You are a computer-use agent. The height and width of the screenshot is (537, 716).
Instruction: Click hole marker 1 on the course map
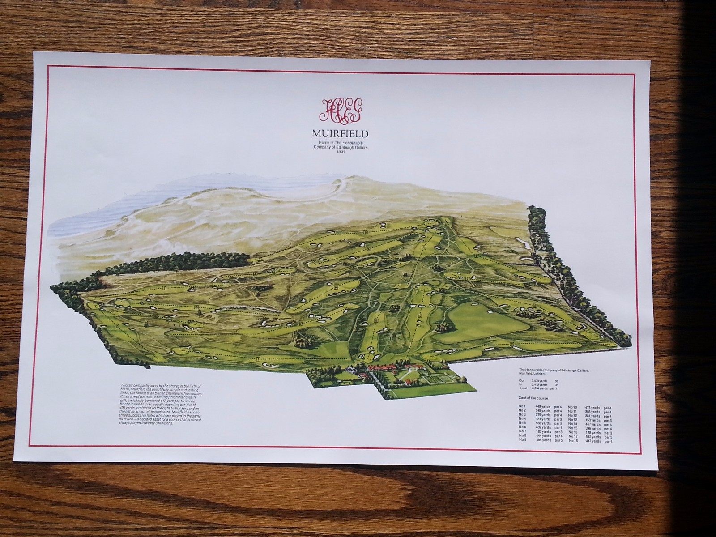pyautogui.click(x=258, y=359)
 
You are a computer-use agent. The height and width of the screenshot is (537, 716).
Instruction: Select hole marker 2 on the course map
pyautogui.click(x=117, y=326)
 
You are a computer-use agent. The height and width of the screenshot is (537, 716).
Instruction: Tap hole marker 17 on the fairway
pyautogui.click(x=301, y=324)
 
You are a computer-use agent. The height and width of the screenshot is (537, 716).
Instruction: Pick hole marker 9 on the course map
pyautogui.click(x=511, y=343)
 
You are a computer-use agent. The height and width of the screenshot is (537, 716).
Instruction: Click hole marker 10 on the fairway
pyautogui.click(x=420, y=316)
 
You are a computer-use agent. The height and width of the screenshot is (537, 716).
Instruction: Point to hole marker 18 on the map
pyautogui.click(x=376, y=320)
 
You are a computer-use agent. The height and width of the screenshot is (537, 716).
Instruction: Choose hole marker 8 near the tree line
pyautogui.click(x=535, y=306)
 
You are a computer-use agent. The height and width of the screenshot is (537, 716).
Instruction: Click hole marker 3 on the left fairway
pyautogui.click(x=165, y=288)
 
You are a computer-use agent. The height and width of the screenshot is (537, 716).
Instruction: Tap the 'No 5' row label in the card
pyautogui.click(x=522, y=422)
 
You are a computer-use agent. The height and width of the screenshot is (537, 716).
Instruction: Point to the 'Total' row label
pyautogui.click(x=524, y=388)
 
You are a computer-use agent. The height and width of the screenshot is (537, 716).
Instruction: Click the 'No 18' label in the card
pyautogui.click(x=573, y=441)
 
